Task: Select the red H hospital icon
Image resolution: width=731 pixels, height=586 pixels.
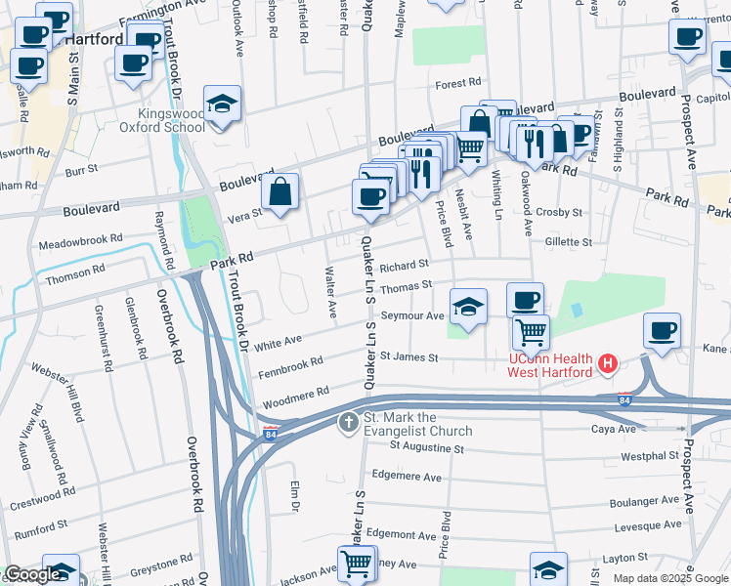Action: click(609, 365)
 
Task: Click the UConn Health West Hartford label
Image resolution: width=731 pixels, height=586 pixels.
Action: click(549, 366)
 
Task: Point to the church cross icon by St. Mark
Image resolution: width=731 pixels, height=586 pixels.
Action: click(348, 423)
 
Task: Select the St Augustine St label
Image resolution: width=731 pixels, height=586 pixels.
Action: click(426, 447)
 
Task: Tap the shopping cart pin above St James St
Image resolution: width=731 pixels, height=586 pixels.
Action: click(531, 332)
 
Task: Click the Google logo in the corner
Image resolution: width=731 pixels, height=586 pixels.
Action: click(31, 574)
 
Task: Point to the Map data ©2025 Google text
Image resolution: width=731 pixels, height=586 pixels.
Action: click(670, 578)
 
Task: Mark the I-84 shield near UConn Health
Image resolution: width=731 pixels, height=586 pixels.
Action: click(624, 398)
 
